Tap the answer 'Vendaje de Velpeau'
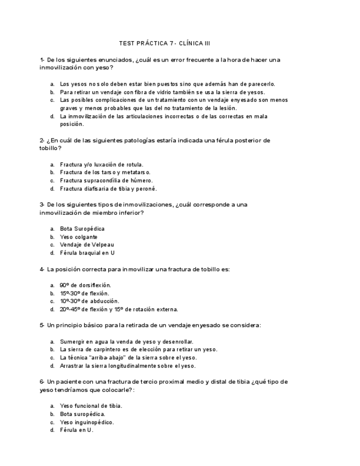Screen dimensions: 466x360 (x=87, y=245)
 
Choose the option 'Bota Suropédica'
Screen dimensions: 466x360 (x=82, y=229)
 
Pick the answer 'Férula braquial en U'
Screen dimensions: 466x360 (x=87, y=253)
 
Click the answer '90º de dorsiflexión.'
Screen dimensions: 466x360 (x=85, y=285)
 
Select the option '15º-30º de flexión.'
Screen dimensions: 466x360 (x=85, y=293)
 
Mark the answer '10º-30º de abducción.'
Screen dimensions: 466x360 (x=90, y=301)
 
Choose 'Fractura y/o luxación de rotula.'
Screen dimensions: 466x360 (x=102, y=164)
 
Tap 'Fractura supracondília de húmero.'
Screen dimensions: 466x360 (x=106, y=180)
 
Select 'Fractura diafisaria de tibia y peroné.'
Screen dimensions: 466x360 (x=108, y=188)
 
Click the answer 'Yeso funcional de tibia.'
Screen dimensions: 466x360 (x=91, y=406)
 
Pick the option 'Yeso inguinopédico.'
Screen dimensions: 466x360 (x=87, y=422)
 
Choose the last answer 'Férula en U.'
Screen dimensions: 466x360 (x=77, y=430)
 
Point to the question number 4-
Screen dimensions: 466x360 (x=42, y=269)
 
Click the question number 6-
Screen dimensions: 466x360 (x=42, y=381)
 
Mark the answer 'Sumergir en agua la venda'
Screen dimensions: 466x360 (x=126, y=341)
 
